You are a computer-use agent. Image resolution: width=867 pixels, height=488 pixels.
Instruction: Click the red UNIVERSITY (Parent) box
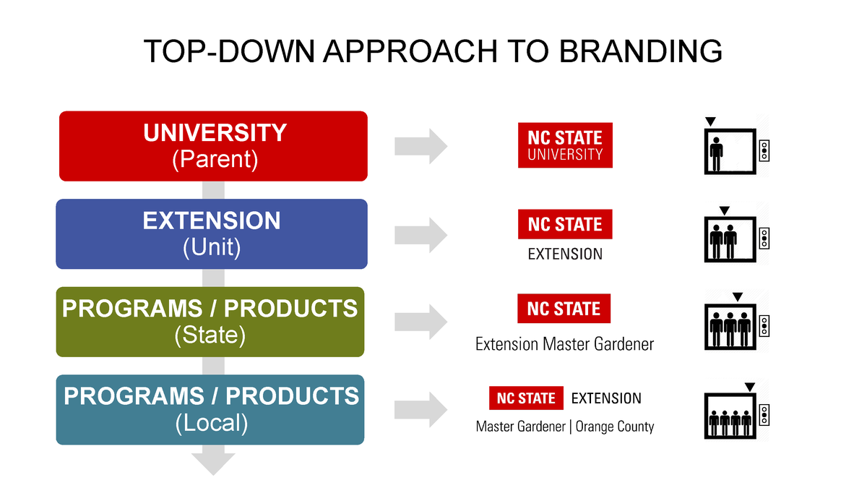point(213,145)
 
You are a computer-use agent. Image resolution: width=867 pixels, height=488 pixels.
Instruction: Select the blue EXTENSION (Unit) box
point(212,234)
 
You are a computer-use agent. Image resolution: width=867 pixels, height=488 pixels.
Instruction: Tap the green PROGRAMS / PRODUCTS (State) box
point(210,322)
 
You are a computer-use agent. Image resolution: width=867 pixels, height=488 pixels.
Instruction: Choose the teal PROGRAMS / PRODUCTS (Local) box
point(210,409)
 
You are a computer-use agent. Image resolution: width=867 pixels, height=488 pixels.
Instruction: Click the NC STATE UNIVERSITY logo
point(565,145)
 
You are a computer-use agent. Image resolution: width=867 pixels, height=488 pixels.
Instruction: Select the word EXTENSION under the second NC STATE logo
point(565,254)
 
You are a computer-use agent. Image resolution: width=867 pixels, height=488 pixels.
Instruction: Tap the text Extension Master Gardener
point(564,344)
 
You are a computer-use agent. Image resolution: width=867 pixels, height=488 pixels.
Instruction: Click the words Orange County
point(615,427)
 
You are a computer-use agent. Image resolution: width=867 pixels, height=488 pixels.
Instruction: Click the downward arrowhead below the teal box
point(213,463)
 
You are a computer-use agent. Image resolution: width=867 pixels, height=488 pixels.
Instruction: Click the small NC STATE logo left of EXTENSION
point(525,398)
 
